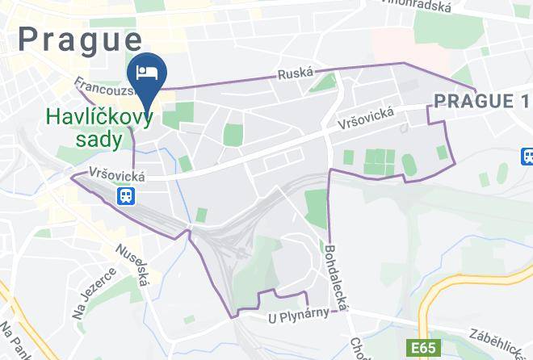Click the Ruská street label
[x=295, y=73]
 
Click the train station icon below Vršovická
[x=127, y=196]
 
